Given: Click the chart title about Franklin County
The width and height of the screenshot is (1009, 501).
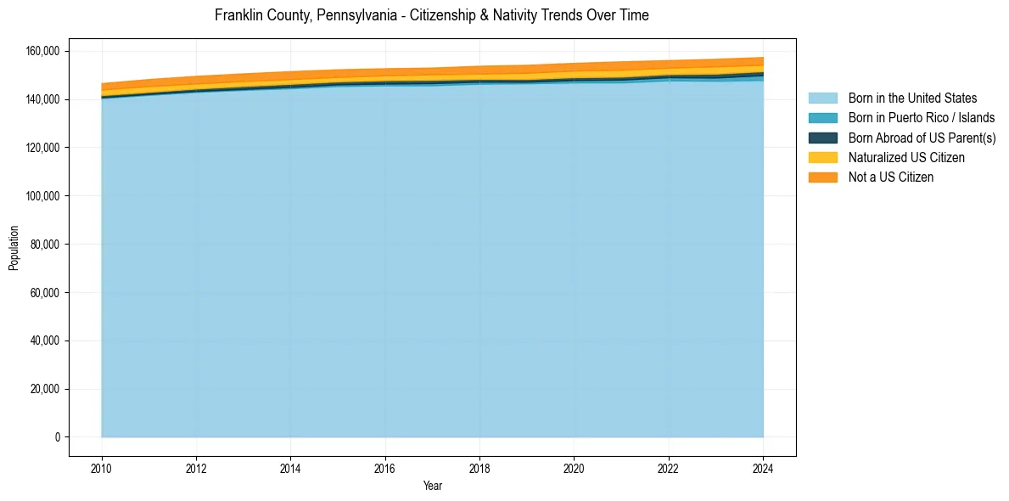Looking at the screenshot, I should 432,15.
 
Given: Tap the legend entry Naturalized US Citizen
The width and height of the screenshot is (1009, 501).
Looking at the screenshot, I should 906,158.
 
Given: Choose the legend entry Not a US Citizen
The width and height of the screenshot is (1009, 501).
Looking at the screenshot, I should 890,177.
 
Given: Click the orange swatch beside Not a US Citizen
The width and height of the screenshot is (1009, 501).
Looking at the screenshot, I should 822,177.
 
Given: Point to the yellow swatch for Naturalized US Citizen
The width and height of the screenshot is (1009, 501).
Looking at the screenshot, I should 822,158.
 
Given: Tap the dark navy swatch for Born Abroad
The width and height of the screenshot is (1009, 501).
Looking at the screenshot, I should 822,138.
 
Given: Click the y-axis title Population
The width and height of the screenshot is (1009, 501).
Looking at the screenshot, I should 14,248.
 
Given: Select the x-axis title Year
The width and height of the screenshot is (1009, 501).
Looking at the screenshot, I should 432,487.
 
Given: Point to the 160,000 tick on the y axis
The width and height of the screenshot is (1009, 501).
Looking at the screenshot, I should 42,51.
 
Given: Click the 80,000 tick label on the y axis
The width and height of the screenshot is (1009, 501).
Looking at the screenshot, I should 45,245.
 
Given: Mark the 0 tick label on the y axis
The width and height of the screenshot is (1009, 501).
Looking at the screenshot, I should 58,437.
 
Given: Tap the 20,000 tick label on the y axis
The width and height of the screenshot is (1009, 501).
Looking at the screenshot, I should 45,389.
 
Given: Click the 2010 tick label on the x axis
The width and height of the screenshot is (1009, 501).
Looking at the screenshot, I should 102,469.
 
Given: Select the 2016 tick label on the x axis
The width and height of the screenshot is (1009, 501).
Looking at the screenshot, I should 385,469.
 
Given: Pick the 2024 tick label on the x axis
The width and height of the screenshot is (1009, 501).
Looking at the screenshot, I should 763,469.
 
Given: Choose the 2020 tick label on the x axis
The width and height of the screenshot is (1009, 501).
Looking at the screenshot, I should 574,469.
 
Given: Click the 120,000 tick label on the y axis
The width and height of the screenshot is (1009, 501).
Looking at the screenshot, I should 42,148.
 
